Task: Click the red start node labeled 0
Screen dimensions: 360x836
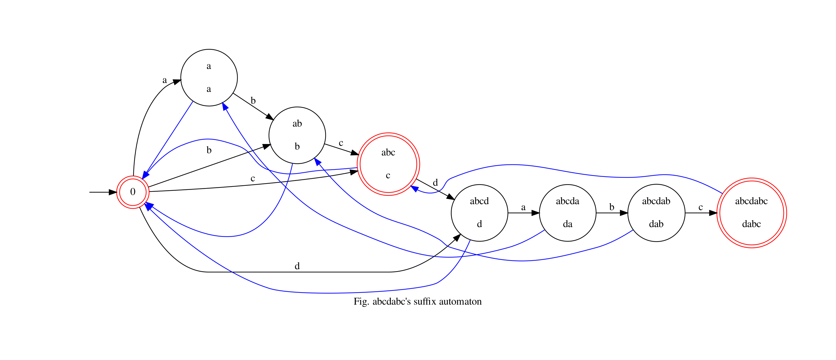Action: coord(133,192)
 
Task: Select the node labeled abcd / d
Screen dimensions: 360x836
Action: coord(479,213)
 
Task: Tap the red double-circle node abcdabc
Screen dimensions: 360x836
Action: coord(751,213)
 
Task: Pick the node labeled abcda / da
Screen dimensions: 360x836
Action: coord(568,213)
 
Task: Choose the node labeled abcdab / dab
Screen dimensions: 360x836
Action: coord(656,213)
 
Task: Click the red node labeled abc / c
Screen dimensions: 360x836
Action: coord(388,164)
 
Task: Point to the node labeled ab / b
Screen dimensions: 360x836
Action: coord(297,135)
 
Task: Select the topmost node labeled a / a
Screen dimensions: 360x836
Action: coord(209,77)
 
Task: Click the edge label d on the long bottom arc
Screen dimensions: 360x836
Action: coord(297,266)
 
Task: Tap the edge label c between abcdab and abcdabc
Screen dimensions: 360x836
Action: coord(701,207)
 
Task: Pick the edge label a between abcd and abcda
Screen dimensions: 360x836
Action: coord(523,207)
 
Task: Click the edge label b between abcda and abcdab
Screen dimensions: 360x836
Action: coord(612,207)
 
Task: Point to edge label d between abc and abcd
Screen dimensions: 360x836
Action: coord(436,182)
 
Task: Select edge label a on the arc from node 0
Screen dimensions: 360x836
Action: coord(164,80)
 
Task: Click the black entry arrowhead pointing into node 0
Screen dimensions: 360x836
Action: coord(113,192)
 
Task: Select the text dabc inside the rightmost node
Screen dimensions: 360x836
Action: coord(751,224)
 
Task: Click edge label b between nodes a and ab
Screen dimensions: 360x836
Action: coord(253,101)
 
